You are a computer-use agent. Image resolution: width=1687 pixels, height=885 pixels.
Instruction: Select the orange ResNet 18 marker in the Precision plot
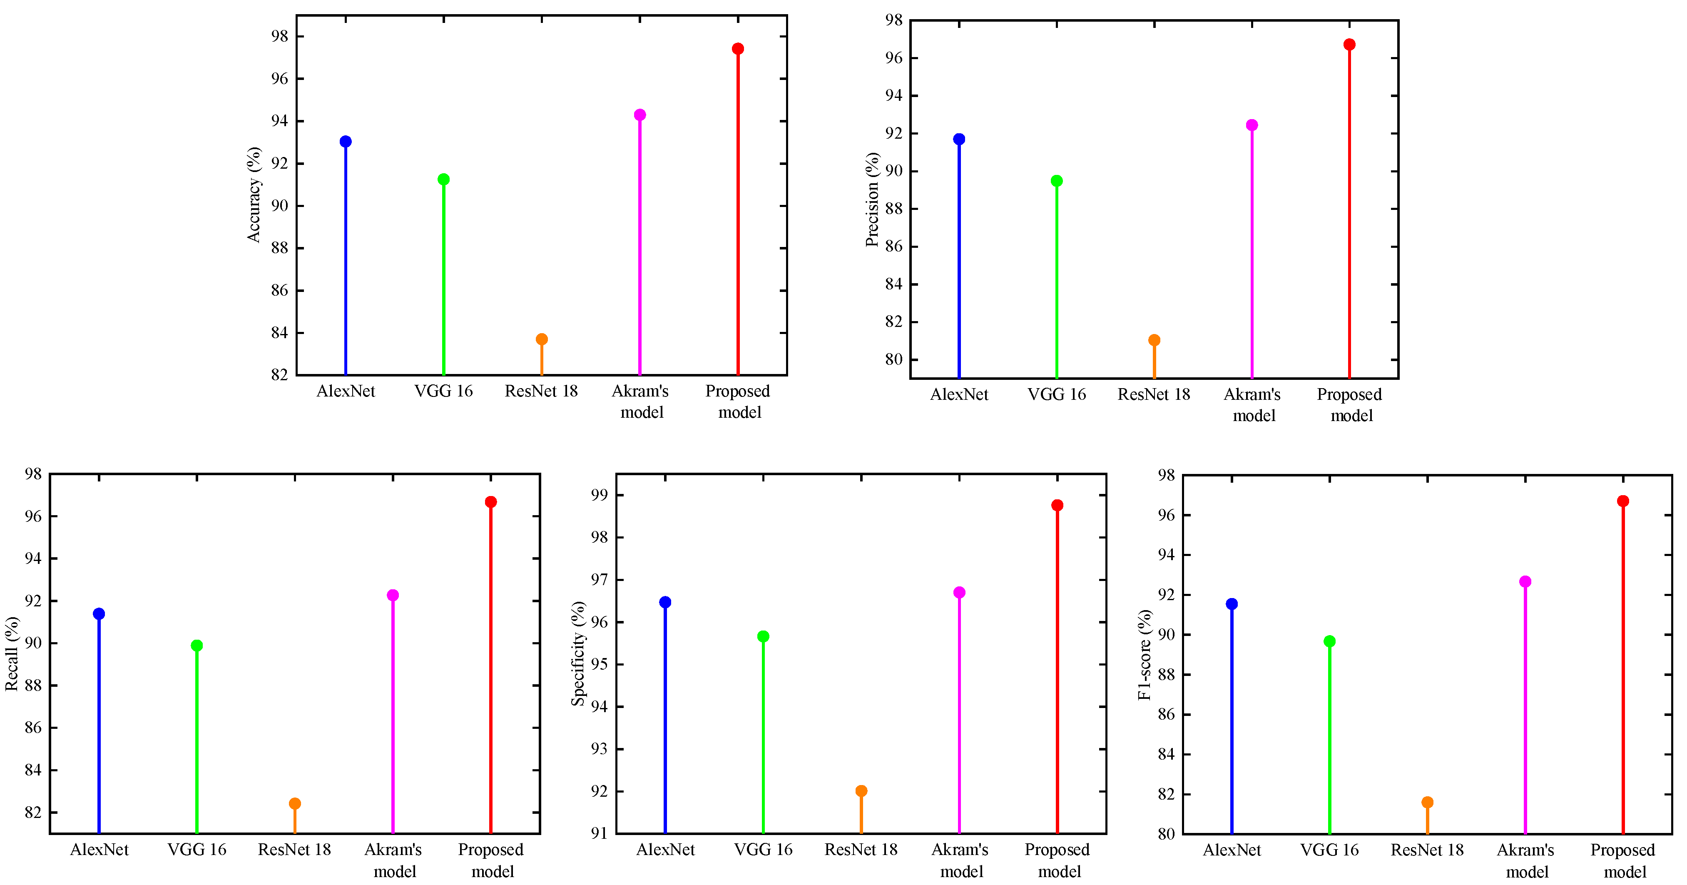point(1154,340)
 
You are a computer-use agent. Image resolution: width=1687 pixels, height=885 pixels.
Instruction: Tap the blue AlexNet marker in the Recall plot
point(99,614)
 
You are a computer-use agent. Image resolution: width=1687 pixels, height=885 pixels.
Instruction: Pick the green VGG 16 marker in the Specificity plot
point(763,636)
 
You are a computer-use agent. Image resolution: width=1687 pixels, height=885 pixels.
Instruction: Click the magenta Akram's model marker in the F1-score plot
point(1525,582)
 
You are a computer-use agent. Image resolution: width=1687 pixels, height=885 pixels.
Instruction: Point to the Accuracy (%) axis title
point(254,194)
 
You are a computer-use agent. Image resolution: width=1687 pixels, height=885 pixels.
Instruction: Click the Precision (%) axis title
point(872,199)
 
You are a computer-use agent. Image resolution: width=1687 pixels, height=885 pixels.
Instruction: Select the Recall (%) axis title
point(12,653)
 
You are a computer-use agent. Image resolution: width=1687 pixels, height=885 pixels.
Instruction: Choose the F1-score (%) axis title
point(1144,654)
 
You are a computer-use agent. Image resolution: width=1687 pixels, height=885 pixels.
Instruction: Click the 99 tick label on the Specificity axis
point(599,495)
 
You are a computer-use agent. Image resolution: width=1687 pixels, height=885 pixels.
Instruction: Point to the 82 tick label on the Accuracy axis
point(280,375)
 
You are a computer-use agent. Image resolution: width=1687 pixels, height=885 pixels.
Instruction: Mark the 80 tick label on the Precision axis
point(894,359)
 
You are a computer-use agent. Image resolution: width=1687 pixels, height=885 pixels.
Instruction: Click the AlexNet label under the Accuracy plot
point(346,391)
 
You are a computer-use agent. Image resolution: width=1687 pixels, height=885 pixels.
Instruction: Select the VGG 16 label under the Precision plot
point(1056,394)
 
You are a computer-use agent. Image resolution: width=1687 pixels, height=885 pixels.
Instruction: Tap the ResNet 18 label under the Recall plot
point(295,850)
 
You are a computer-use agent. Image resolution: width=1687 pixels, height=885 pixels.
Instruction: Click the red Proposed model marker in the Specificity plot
point(1057,505)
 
